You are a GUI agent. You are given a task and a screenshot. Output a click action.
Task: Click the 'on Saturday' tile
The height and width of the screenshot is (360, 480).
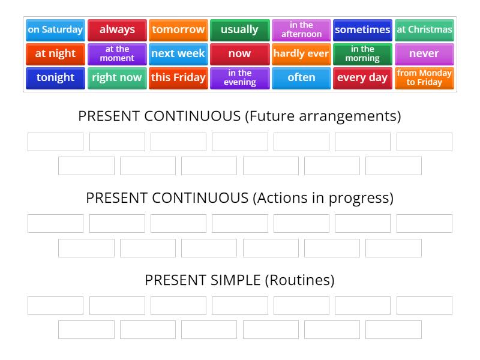[55, 29]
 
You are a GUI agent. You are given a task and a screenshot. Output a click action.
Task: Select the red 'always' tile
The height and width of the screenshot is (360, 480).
[117, 29]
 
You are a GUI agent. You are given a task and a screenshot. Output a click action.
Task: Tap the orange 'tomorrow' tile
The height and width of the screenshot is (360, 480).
[178, 29]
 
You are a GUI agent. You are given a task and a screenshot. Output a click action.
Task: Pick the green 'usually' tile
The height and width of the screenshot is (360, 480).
[239, 29]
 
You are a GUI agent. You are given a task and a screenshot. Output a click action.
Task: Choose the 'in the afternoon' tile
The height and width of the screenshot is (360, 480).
[301, 29]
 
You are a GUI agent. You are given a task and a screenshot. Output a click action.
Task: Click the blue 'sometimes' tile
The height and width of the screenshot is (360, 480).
[362, 29]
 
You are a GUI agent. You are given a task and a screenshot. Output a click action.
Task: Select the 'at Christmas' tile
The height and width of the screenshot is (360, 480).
[424, 29]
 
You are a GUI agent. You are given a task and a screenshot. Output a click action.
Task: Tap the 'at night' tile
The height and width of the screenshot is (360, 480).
[55, 53]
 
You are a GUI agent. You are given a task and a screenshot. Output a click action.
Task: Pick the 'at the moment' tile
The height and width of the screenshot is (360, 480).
[117, 53]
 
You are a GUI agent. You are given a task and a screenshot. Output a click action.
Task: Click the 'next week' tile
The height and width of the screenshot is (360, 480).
[178, 53]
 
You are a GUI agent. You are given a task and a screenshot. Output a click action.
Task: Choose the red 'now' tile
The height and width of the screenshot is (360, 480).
[239, 53]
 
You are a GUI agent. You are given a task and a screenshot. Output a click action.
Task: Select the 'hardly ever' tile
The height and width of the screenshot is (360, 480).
[301, 53]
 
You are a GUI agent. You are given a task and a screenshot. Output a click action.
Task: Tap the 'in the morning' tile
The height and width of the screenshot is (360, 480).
[362, 53]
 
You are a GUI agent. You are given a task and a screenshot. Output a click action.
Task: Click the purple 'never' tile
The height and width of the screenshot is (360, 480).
[424, 53]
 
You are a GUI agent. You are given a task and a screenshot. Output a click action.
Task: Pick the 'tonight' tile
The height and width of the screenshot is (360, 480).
[55, 77]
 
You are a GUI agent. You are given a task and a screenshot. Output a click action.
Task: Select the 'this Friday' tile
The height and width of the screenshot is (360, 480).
[178, 77]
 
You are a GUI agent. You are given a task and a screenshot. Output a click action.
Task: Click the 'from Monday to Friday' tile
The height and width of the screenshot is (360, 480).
[424, 77]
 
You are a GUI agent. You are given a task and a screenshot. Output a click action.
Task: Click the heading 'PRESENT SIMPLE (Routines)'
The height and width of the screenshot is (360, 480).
[239, 280]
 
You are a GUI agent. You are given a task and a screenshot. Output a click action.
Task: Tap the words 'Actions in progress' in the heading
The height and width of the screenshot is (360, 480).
[323, 198]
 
